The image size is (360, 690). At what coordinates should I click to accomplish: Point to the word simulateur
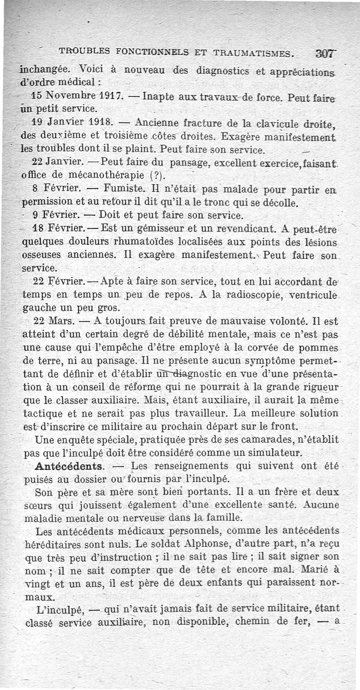point(277,451)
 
